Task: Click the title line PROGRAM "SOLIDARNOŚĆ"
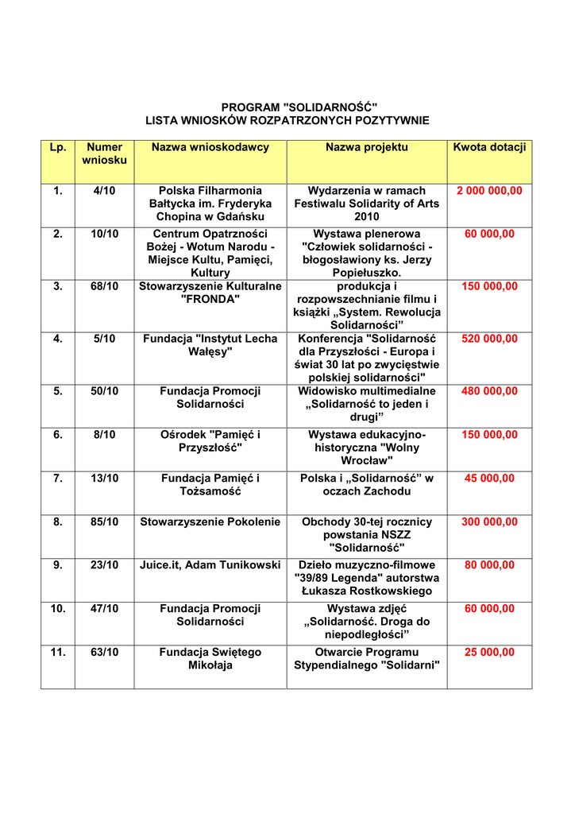(x=287, y=107)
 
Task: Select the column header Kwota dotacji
(x=489, y=147)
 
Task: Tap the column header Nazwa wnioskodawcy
(x=210, y=147)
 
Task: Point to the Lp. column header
(x=57, y=147)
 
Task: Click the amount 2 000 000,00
(x=489, y=191)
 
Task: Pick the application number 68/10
(x=104, y=286)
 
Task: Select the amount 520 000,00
(x=489, y=339)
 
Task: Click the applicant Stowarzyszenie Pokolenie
(x=210, y=521)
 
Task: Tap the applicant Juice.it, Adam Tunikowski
(x=210, y=564)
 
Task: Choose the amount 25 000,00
(x=489, y=652)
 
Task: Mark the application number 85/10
(x=104, y=521)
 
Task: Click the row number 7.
(x=57, y=478)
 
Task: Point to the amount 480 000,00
(x=489, y=391)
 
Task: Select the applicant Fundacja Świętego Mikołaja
(x=210, y=658)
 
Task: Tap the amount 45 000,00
(x=489, y=478)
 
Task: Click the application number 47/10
(x=104, y=608)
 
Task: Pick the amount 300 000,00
(x=489, y=521)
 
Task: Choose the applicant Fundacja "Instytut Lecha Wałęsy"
(x=210, y=345)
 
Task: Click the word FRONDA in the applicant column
(x=210, y=299)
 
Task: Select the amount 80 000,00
(x=489, y=564)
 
